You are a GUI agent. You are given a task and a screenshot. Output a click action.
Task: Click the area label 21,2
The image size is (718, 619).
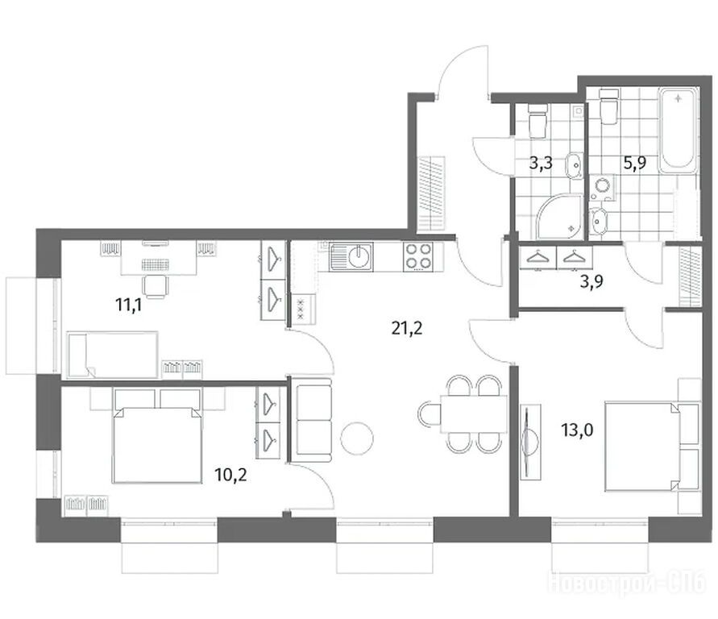[407, 328]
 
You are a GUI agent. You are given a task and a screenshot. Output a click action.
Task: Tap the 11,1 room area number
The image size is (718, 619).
[129, 305]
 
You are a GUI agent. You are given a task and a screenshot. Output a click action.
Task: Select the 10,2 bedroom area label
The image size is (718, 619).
[230, 475]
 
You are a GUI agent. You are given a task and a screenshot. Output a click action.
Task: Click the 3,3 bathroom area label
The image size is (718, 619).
[541, 163]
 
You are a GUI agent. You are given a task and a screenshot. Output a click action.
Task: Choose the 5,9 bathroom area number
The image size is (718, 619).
[635, 163]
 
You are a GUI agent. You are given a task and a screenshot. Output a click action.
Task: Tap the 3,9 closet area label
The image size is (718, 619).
[591, 281]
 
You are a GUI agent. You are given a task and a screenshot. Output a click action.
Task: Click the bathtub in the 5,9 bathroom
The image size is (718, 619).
[679, 129]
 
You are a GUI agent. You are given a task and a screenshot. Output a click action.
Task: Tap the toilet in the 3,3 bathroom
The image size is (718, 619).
[537, 120]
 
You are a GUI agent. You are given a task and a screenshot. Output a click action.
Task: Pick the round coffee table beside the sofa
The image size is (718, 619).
[357, 438]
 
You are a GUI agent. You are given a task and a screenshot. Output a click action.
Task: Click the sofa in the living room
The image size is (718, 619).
[313, 421]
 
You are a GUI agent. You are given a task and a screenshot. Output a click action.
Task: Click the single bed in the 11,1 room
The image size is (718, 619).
[113, 355]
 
